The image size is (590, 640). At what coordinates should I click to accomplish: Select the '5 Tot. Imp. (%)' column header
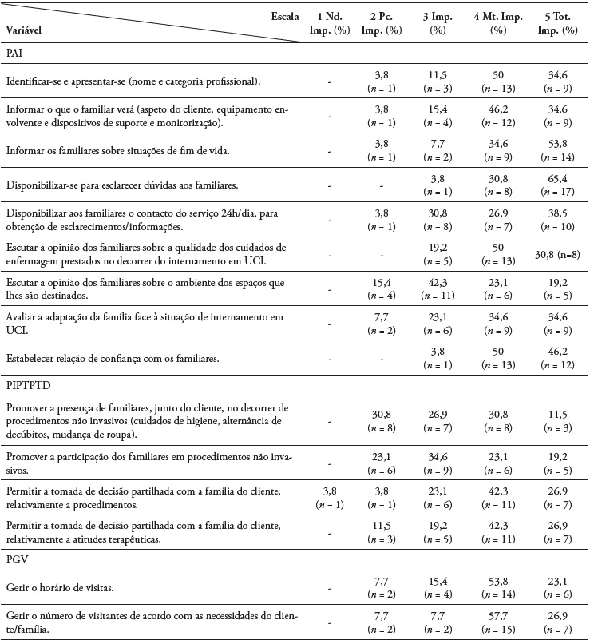point(558,23)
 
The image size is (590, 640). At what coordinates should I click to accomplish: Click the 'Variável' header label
point(24,30)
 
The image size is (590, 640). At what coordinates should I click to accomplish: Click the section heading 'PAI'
point(14,50)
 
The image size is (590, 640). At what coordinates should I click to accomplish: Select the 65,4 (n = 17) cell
point(558,185)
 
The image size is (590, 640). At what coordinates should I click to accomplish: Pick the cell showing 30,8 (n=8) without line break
point(558,253)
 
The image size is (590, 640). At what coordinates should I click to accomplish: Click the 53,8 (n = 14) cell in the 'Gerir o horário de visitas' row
point(498,588)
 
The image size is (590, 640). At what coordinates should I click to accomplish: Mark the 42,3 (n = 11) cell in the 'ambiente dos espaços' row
point(438,288)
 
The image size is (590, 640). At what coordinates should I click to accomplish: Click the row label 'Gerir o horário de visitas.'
point(57,588)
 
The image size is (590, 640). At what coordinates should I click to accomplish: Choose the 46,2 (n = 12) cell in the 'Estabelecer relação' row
point(558,359)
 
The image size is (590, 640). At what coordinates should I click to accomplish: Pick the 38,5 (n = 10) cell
point(558,220)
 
